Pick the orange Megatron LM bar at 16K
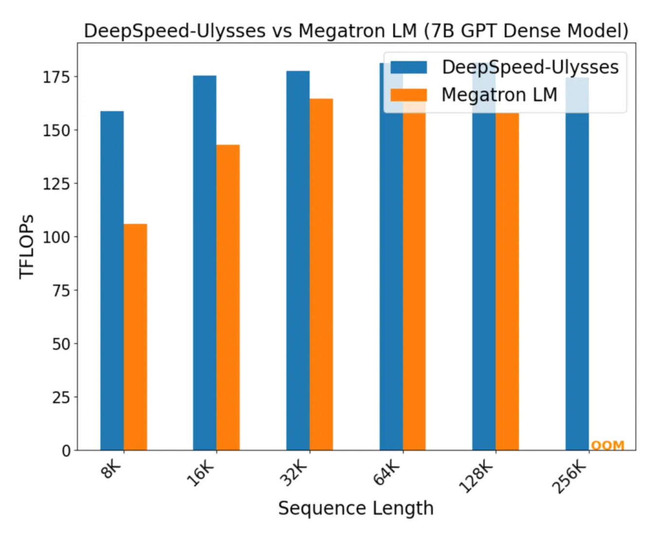pyautogui.click(x=228, y=297)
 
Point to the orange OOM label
pyautogui.click(x=608, y=445)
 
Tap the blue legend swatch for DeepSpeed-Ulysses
pyautogui.click(x=409, y=67)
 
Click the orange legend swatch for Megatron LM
pyautogui.click(x=409, y=94)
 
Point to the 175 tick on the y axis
pyautogui.click(x=56, y=77)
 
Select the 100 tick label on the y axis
pyautogui.click(x=56, y=237)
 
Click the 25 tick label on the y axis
pyautogui.click(x=61, y=397)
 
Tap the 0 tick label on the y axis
pyautogui.click(x=66, y=451)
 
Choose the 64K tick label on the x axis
pyautogui.click(x=387, y=473)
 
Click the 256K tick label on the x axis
pyautogui.click(x=570, y=477)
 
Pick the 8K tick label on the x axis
pyautogui.click(x=111, y=470)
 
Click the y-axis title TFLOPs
pyautogui.click(x=27, y=247)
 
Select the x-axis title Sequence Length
pyautogui.click(x=356, y=508)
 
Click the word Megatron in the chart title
pyautogui.click(x=358, y=31)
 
